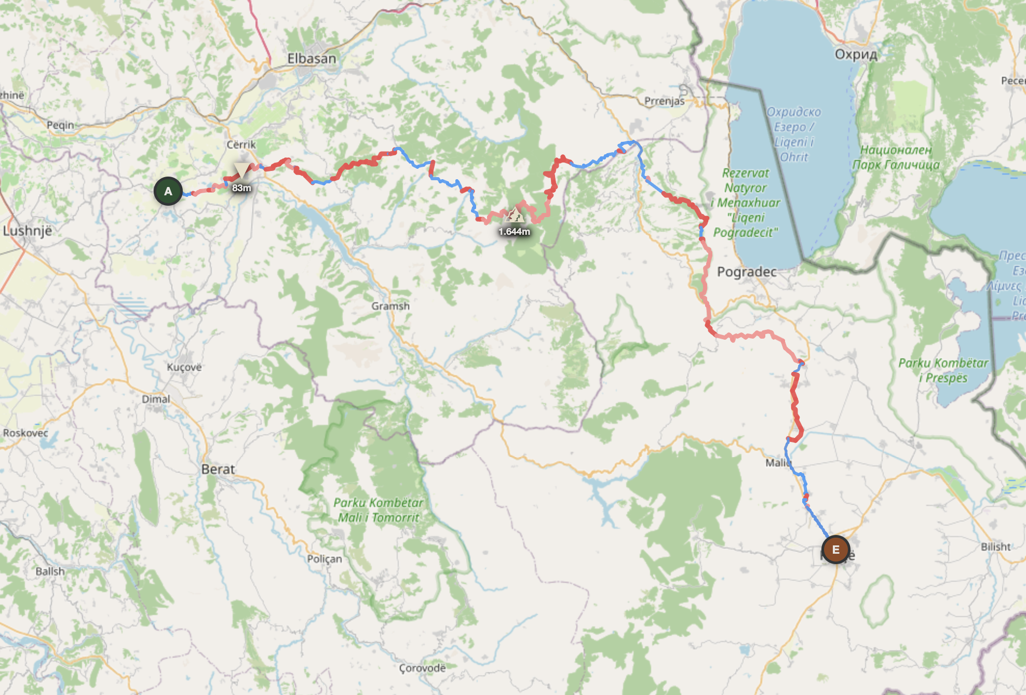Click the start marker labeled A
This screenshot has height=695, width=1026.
[168, 191]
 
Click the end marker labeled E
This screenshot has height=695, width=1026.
[835, 550]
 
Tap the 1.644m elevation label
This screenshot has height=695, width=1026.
[514, 232]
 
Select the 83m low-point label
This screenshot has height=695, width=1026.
[241, 188]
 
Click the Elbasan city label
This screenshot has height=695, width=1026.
[312, 59]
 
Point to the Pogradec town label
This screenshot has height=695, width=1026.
[747, 272]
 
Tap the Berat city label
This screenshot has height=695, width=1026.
[218, 469]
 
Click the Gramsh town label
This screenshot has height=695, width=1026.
[390, 306]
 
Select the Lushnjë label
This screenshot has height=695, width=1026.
[28, 231]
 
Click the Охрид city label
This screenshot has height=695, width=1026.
[856, 55]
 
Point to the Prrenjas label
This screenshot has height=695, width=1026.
[664, 101]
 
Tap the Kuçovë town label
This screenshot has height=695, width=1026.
[184, 367]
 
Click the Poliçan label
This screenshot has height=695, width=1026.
[325, 559]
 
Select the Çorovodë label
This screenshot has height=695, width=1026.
[422, 668]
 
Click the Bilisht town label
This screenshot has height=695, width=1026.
[995, 546]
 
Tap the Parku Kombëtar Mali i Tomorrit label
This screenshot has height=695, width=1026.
[378, 510]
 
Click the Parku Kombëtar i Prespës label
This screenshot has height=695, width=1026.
[943, 370]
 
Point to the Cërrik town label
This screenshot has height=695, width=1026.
[241, 144]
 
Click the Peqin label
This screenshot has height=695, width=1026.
[60, 125]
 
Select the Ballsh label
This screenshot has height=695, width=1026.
[50, 571]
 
